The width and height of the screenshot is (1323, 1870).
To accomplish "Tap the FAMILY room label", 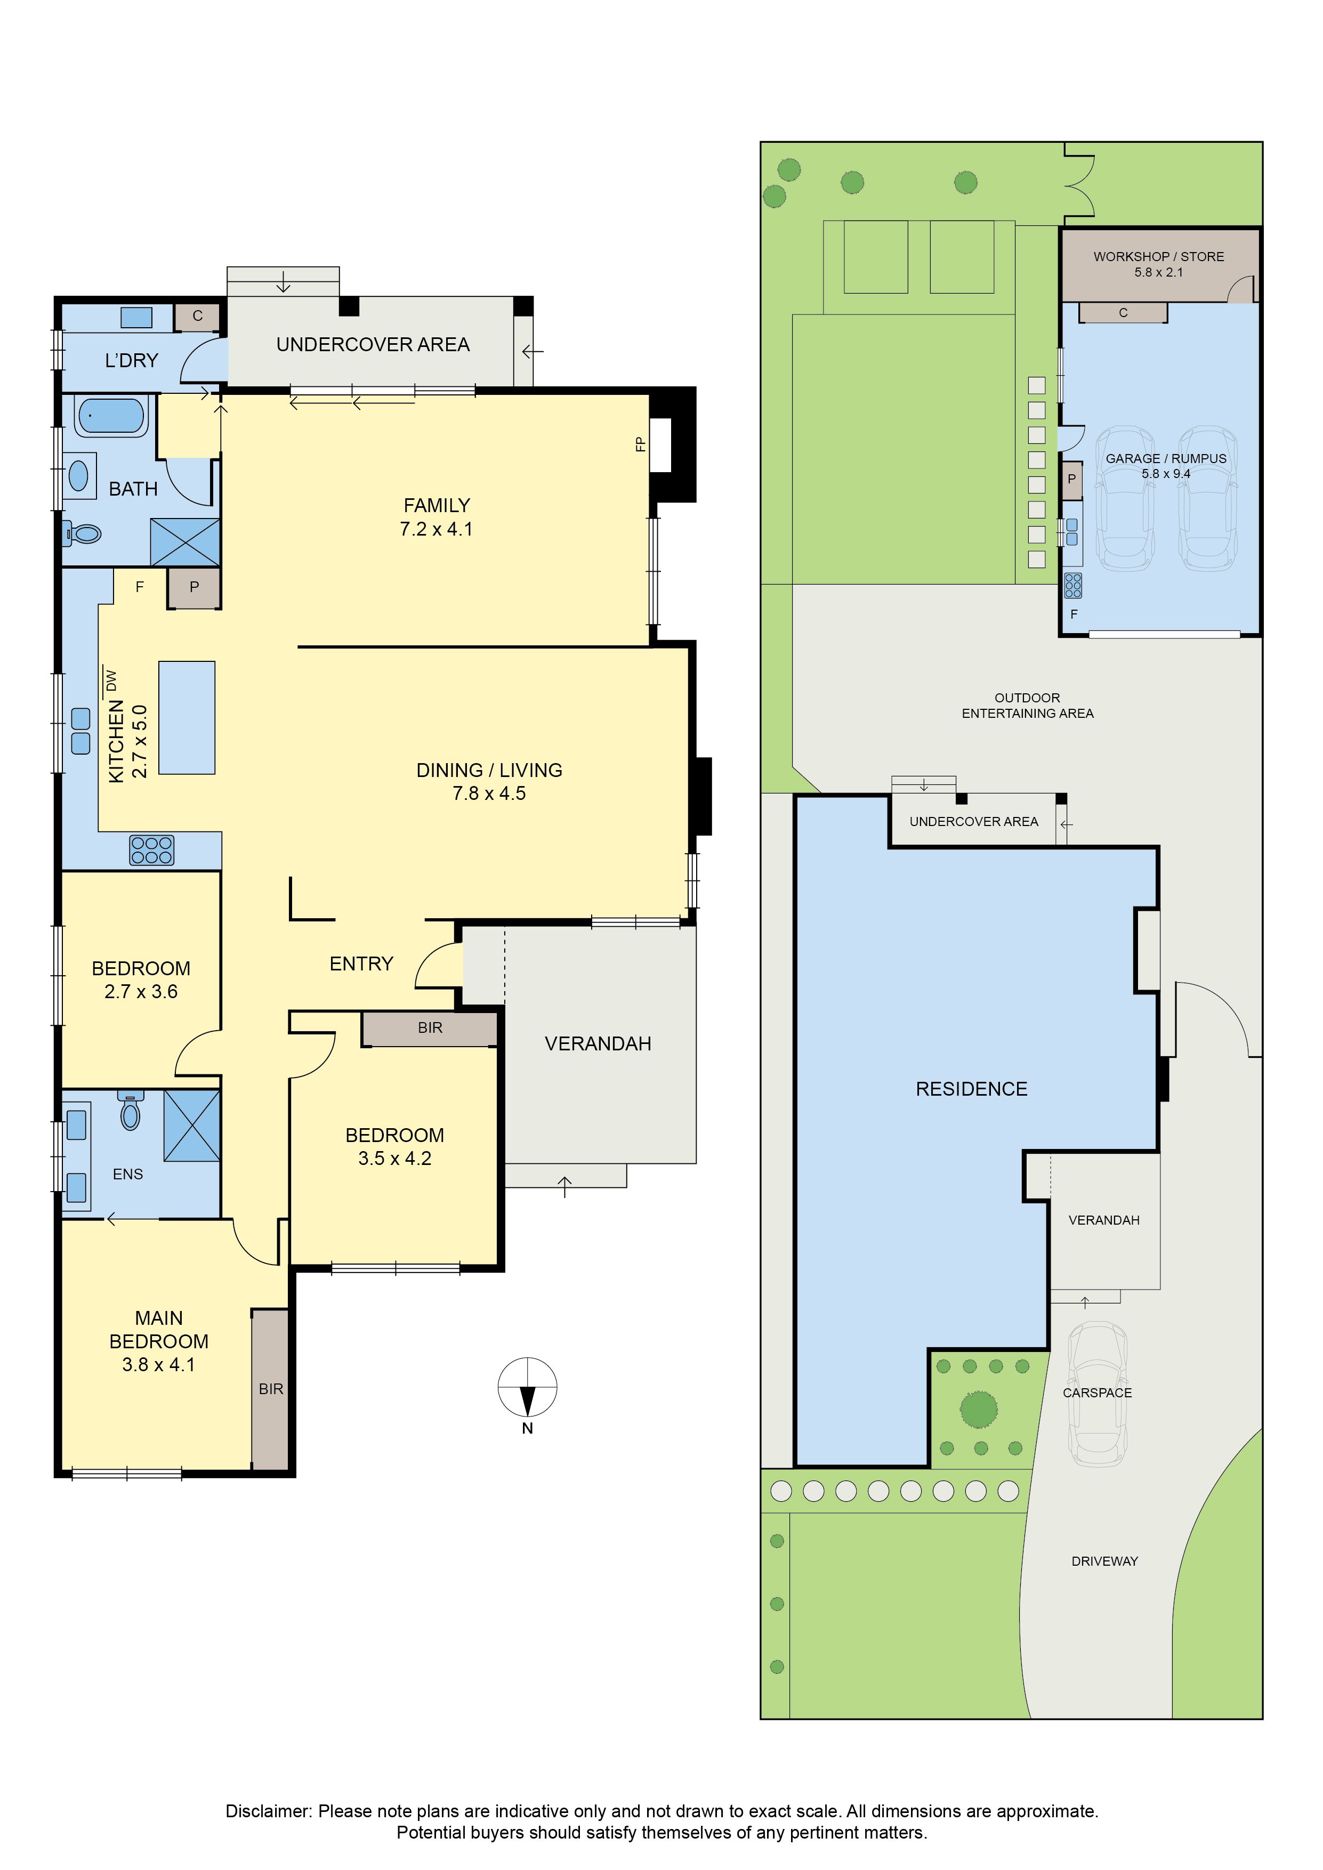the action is (x=437, y=506).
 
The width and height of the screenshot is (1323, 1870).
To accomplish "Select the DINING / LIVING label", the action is (x=490, y=771).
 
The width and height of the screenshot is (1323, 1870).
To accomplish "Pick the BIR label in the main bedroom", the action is (x=271, y=1389).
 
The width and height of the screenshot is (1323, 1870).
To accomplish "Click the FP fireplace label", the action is (x=640, y=444).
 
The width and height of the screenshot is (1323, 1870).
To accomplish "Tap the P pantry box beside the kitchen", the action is (x=194, y=588).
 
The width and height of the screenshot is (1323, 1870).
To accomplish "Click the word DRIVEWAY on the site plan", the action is (x=1104, y=1561).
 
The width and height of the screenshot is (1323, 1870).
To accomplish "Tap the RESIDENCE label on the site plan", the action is (x=972, y=1090).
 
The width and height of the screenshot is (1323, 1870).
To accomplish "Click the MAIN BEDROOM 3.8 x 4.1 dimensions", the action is (x=159, y=1365).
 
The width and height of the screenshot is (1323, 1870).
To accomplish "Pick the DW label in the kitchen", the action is (x=111, y=679).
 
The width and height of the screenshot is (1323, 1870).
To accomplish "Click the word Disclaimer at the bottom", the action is (x=268, y=1811).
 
